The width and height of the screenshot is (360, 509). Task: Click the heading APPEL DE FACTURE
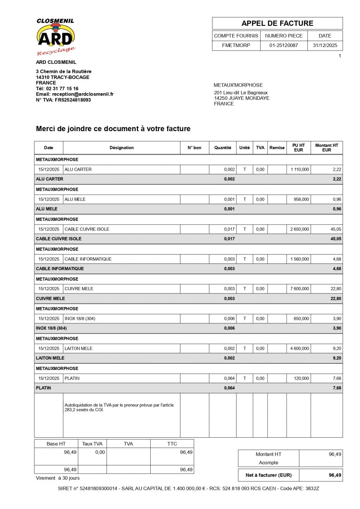click(x=277, y=23)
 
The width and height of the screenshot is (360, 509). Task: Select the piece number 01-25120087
click(x=283, y=45)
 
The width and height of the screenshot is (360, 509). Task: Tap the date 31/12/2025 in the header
click(x=325, y=45)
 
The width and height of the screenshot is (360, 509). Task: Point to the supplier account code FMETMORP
click(x=236, y=45)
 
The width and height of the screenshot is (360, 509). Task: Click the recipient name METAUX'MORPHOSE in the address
click(x=238, y=85)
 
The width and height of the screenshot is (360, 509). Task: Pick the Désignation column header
click(x=121, y=148)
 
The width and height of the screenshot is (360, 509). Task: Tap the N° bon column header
click(x=194, y=148)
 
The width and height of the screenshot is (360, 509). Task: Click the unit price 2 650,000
click(x=299, y=229)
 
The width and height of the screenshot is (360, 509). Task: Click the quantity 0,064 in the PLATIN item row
click(x=229, y=378)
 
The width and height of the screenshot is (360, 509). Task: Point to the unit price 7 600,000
click(x=299, y=289)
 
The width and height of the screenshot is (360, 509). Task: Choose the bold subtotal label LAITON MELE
click(x=50, y=358)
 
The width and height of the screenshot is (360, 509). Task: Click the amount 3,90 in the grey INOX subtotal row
click(x=337, y=328)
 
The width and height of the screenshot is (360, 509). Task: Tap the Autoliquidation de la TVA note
click(x=119, y=408)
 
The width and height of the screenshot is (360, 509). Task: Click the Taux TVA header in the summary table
click(x=92, y=444)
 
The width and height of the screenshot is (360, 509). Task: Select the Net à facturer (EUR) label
click(x=268, y=475)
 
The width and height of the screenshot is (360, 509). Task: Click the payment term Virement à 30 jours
click(x=58, y=478)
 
